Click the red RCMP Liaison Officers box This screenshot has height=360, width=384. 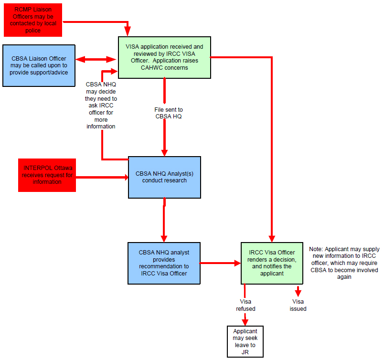coord(33,20)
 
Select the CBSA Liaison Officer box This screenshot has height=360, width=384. coord(39,65)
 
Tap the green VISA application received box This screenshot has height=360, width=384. coord(164,58)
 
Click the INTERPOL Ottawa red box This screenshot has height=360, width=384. coord(47,175)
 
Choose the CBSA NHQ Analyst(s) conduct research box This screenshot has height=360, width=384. coord(164,177)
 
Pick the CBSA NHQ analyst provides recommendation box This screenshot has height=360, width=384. coord(164,263)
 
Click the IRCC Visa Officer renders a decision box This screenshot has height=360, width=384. coord(272,263)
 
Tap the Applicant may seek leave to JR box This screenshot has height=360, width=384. coord(245,342)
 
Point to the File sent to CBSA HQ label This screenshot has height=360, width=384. coord(169,113)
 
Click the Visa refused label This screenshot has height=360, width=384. coord(245,305)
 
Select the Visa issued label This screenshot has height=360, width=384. coord(298,305)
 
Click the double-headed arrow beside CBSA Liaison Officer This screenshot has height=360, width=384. coord(96,59)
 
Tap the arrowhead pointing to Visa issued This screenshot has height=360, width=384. coord(298,293)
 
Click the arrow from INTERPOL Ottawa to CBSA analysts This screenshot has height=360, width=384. coord(102,177)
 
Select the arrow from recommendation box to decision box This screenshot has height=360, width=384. coord(220,263)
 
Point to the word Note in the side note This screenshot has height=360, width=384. coord(316,249)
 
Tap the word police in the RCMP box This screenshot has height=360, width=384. coord(33,31)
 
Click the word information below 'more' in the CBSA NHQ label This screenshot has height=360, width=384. coord(101,127)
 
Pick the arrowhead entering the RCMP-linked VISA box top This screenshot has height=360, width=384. coord(128,32)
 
